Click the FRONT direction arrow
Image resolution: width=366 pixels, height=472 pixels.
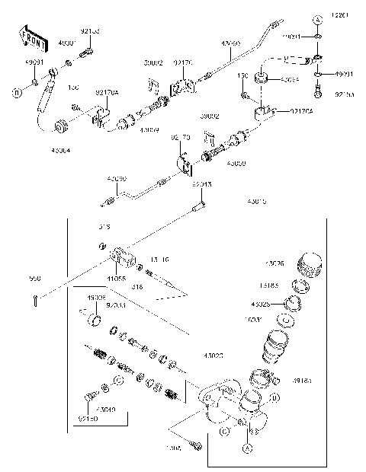[30, 36]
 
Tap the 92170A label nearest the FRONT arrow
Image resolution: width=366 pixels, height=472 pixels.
[107, 93]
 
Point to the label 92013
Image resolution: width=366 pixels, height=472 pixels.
[201, 184]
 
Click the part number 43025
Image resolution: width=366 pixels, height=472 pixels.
[262, 305]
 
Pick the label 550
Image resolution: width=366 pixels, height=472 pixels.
[34, 279]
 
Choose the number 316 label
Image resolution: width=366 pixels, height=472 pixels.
[138, 286]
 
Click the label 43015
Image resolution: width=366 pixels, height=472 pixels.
[257, 203]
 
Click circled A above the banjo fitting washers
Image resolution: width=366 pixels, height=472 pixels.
[317, 18]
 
